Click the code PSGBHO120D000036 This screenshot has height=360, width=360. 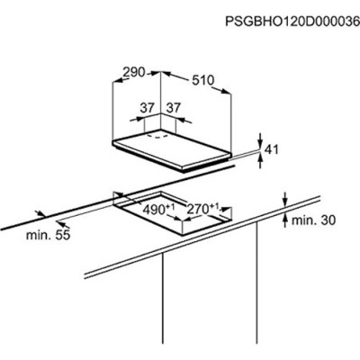292,22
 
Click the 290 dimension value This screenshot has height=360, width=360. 134,72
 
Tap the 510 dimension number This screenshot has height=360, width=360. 203,80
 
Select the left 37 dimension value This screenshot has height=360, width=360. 147,107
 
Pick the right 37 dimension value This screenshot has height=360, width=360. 175,107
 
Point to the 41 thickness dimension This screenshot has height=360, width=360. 273,149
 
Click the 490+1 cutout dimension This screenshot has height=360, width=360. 158,209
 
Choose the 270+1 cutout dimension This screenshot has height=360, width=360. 203,209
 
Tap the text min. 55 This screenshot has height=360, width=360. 48,235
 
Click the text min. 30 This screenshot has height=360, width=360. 313,220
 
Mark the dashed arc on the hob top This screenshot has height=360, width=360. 157,137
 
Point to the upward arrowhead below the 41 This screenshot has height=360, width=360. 260,157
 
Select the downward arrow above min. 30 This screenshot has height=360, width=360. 285,200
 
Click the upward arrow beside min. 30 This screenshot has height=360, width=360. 285,220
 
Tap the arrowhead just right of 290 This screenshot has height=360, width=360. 156,72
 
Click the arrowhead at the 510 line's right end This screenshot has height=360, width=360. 226,91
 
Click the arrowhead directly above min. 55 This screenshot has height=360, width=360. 40,214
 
